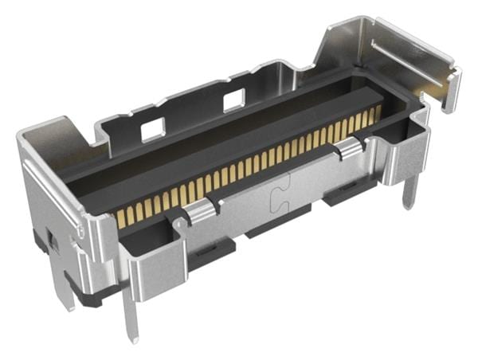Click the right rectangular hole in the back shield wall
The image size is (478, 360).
234,100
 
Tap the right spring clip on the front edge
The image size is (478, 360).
349,147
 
